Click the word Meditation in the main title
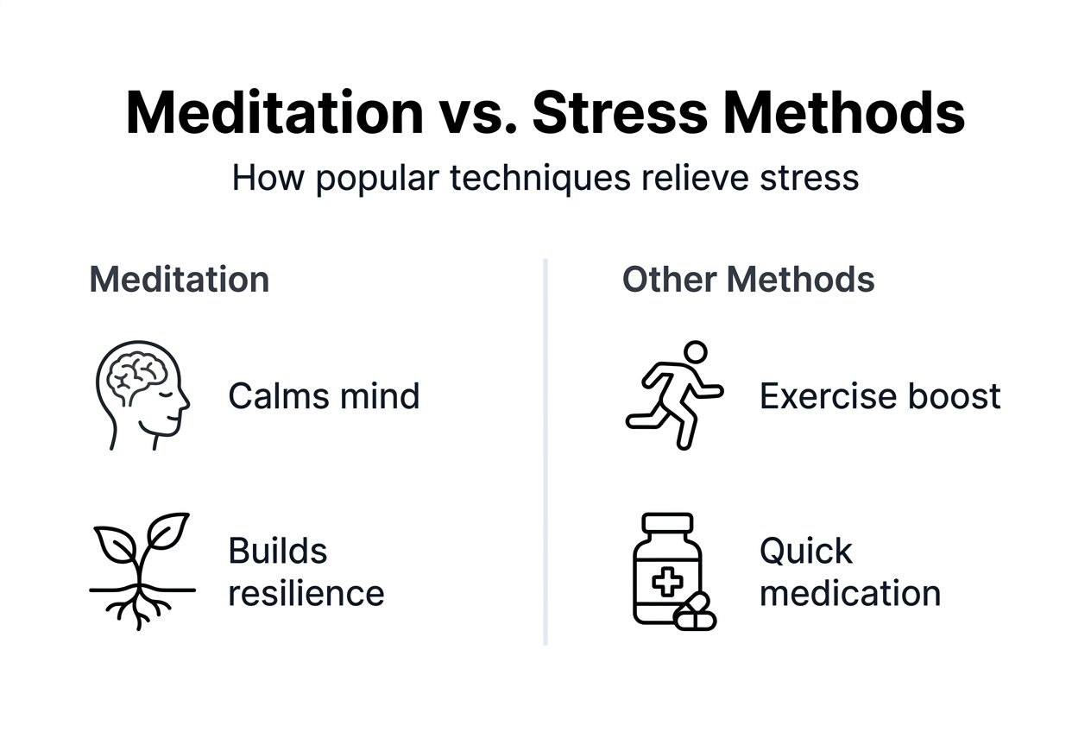tap(274, 112)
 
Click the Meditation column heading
tap(180, 280)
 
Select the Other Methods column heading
tap(748, 280)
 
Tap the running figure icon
tap(674, 394)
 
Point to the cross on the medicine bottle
tap(666, 582)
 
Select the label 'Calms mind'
tap(324, 396)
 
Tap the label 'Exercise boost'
tap(880, 396)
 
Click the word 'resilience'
tap(306, 593)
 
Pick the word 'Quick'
tap(806, 551)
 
